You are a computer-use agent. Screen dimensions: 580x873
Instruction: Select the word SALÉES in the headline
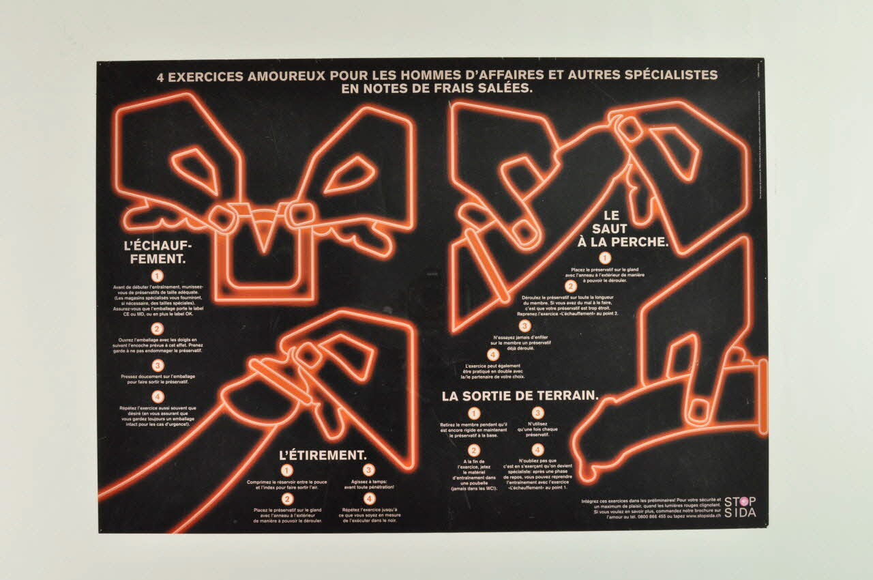[x=504, y=89]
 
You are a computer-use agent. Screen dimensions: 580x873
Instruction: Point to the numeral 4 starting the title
[x=161, y=77]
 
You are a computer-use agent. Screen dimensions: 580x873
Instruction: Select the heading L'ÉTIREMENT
[x=323, y=454]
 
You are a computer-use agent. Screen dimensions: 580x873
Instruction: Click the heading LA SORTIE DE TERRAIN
[x=520, y=396]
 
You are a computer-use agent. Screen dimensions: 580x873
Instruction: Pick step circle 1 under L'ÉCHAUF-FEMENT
[x=158, y=276]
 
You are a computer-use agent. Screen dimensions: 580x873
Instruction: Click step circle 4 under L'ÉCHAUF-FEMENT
[x=158, y=396]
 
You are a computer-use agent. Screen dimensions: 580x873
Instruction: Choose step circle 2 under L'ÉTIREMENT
[x=286, y=498]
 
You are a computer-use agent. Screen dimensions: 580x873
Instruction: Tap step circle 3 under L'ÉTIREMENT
[x=369, y=470]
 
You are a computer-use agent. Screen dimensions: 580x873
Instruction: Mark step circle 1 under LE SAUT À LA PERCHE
[x=604, y=258]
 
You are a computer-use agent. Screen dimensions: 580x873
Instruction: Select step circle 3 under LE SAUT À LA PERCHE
[x=524, y=326]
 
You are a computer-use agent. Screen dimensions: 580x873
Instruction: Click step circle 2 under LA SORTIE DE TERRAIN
[x=474, y=450]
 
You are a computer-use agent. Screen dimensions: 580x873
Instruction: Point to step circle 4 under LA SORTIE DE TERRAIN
[x=537, y=450]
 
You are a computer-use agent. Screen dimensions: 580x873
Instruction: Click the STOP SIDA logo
[x=740, y=507]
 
